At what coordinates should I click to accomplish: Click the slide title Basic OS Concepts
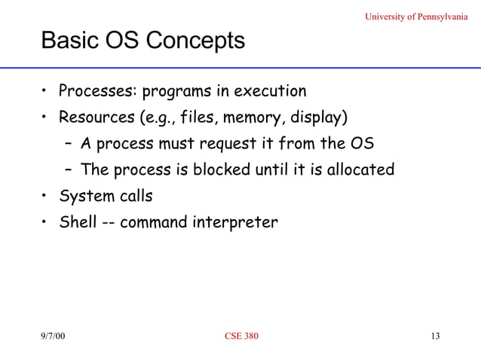coord(143,41)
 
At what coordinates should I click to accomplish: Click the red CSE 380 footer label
coord(241,335)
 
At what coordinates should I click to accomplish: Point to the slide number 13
coord(434,335)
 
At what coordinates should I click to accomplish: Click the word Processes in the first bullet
coord(95,92)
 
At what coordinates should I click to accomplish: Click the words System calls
coord(106,196)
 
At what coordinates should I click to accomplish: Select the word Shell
coord(78,222)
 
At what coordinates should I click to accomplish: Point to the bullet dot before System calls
coord(45,196)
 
